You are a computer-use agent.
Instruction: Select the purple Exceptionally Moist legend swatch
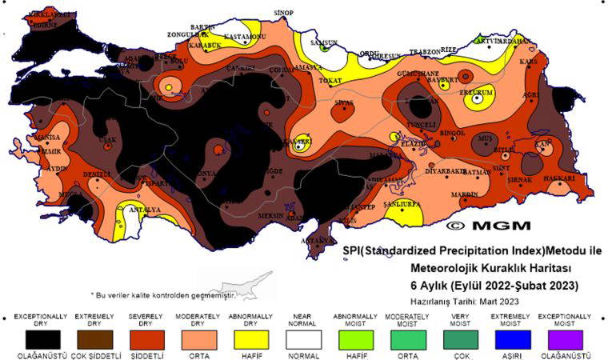pyautogui.click(x=565, y=338)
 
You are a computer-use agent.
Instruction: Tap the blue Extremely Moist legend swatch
pyautogui.click(x=499, y=338)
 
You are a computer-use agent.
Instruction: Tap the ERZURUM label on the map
pyautogui.click(x=474, y=92)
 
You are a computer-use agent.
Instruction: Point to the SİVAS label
pyautogui.click(x=342, y=103)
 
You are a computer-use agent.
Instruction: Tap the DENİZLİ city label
pyautogui.click(x=96, y=174)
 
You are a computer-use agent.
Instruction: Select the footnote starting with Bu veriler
pyautogui.click(x=163, y=294)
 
